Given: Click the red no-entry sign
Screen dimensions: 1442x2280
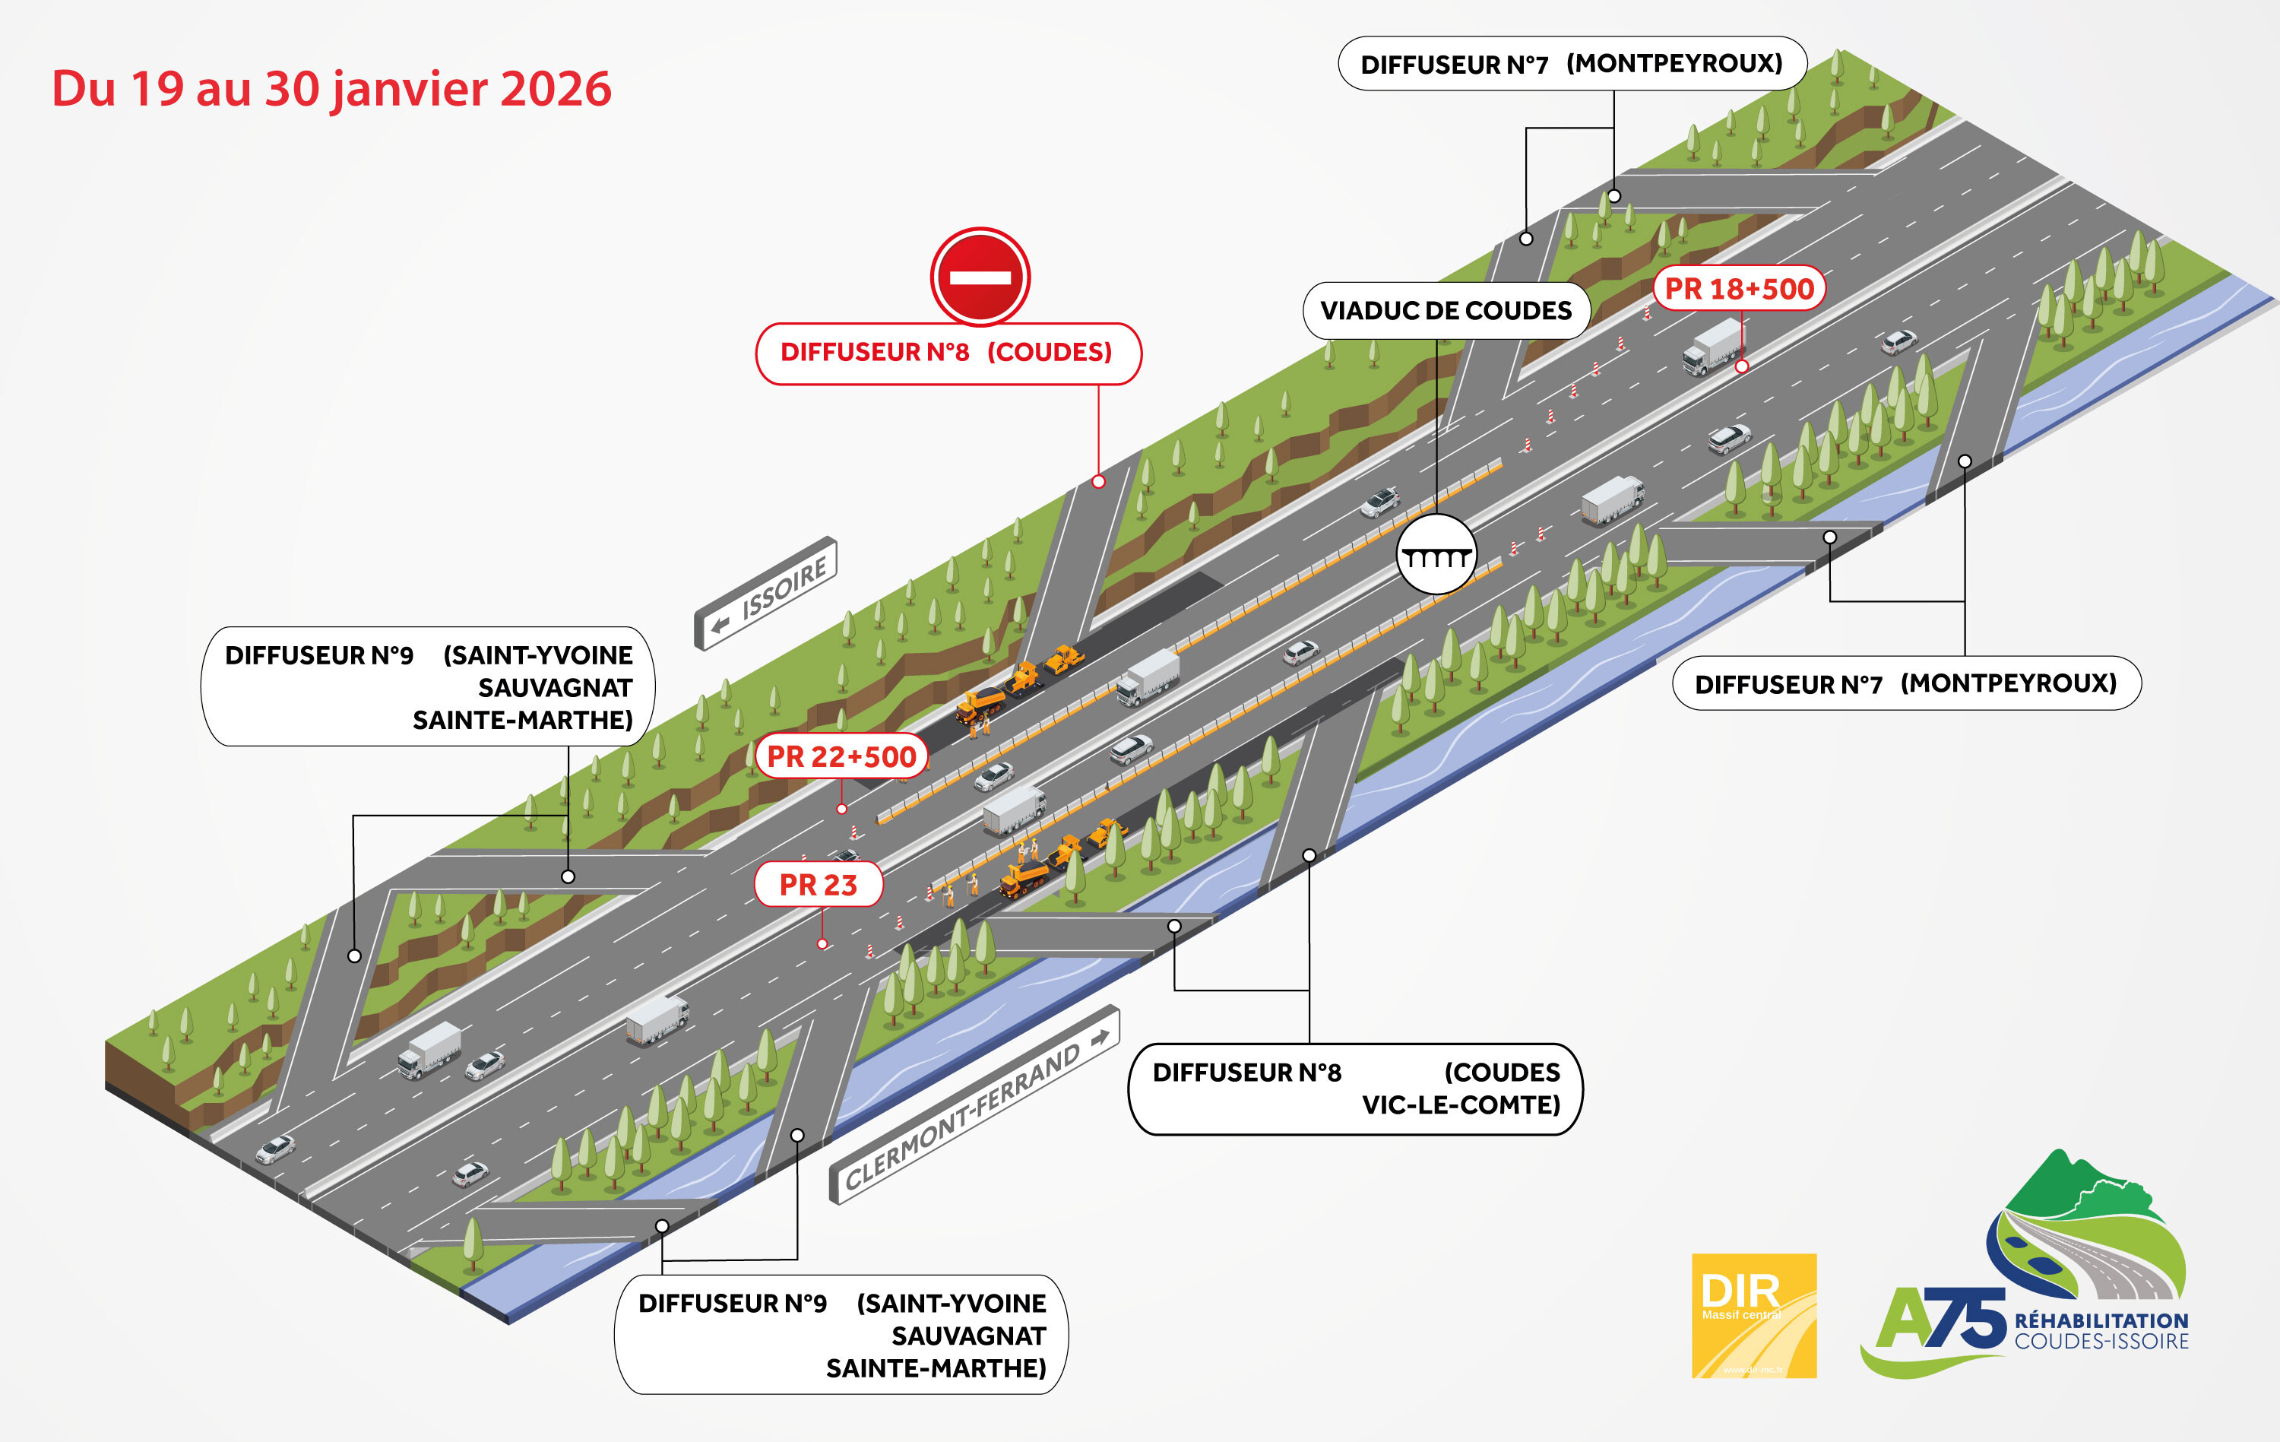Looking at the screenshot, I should [980, 277].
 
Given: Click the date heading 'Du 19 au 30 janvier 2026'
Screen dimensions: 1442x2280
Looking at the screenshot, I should [331, 89].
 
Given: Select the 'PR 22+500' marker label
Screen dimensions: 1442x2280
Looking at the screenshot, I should [841, 756].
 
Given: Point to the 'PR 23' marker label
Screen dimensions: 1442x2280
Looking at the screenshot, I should [818, 884].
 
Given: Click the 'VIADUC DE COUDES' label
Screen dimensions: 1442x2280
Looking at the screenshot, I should [1445, 311].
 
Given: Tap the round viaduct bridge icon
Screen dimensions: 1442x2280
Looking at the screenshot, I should [1436, 555].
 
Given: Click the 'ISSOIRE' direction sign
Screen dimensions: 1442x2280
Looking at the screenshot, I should [766, 594].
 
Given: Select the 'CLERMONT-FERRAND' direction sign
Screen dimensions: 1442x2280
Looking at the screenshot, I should [974, 1105].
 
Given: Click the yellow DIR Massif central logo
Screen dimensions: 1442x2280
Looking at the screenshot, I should [1753, 1315].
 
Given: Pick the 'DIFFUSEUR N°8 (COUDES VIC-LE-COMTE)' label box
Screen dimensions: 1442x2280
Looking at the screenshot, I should [1355, 1089].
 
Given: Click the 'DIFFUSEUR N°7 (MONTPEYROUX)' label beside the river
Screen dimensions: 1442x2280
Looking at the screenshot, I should [1906, 683].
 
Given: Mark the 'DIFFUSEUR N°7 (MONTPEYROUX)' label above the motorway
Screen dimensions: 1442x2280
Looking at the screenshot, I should [1572, 65].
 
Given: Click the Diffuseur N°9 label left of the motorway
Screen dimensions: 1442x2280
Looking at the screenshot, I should [428, 686].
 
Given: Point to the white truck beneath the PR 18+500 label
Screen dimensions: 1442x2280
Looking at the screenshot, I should [1712, 347].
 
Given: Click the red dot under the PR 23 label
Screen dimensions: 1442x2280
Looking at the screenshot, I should [822, 944].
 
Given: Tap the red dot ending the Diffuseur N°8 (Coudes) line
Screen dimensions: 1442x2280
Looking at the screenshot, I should [1098, 482].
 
